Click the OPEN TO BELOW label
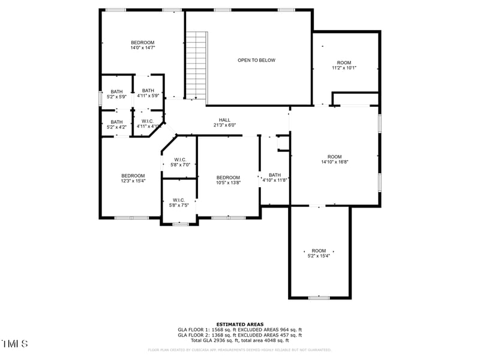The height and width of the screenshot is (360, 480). [256, 60]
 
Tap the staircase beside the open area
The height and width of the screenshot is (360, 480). [196, 66]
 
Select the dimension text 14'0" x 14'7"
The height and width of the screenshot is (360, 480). [143, 47]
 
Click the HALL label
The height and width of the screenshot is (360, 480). [224, 120]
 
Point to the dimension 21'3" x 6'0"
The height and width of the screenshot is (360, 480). [224, 125]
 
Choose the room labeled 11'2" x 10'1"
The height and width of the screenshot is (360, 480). [344, 65]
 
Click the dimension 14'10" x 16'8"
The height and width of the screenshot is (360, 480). [334, 161]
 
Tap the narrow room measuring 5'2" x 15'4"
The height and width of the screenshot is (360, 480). [319, 253]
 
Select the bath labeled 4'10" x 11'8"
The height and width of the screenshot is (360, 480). [274, 177]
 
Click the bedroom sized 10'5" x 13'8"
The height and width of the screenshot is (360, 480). [228, 180]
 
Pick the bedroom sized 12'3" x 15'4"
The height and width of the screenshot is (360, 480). [132, 178]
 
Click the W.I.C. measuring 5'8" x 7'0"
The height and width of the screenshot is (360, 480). [179, 162]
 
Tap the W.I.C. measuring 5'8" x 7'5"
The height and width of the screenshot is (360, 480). [179, 202]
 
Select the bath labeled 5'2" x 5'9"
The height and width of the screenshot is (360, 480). [116, 94]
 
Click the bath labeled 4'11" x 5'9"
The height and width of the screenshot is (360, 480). [148, 93]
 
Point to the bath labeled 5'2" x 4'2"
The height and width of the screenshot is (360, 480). [116, 124]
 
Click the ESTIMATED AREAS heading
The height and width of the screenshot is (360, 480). [239, 325]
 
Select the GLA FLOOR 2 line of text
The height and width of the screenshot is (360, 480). [239, 335]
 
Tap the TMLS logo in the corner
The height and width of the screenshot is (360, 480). [14, 344]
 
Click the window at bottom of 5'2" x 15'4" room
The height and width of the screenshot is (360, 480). [319, 298]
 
